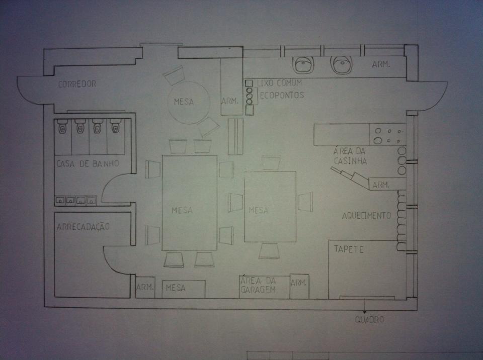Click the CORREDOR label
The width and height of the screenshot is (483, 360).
coord(77,84)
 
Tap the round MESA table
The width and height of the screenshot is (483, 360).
coord(189,103)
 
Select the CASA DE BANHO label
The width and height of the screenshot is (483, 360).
coord(88,163)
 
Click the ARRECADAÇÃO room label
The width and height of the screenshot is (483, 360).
coord(83,226)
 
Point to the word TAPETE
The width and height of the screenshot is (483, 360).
coord(349,249)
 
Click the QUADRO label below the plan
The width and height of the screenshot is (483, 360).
coord(369,319)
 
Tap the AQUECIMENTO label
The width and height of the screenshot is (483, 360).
coord(366,216)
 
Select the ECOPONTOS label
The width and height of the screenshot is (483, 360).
coord(282,95)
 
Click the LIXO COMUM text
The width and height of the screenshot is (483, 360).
coord(279,83)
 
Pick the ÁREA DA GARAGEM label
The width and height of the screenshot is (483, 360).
coord(258,285)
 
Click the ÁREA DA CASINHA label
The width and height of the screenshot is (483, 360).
coord(350,156)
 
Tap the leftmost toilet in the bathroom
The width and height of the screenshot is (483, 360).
coord(62,126)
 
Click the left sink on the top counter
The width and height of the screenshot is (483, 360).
coord(304,65)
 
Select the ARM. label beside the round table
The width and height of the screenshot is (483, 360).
coord(230,101)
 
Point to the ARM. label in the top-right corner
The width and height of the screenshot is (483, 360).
coord(381,64)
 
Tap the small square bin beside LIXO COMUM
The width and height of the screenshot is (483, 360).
coord(249,83)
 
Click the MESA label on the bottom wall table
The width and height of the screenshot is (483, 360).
coord(176,288)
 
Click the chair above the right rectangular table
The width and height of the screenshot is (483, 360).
coord(271,162)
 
